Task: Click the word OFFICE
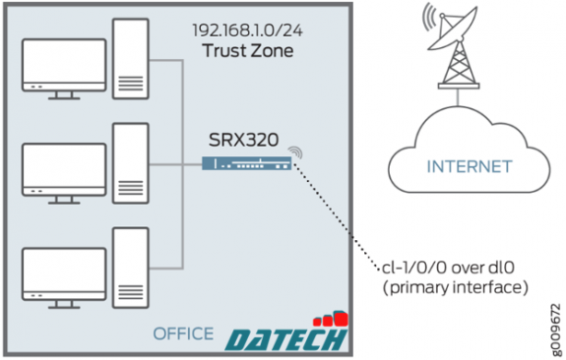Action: coord(183,333)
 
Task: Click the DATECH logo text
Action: coord(284,338)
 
